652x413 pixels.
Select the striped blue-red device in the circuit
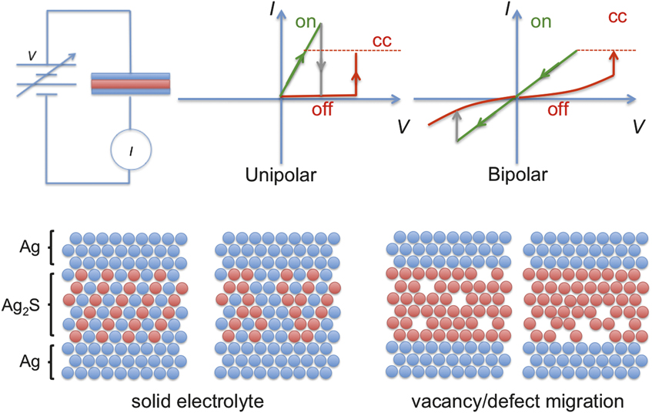(x=130, y=83)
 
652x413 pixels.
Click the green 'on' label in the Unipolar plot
(x=306, y=22)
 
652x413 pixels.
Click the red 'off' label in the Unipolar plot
(x=326, y=109)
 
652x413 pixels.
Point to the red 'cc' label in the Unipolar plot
(x=382, y=39)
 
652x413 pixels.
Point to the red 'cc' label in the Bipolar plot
(x=617, y=17)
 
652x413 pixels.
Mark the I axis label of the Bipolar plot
(x=508, y=11)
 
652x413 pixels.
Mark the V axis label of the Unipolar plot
(x=403, y=126)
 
